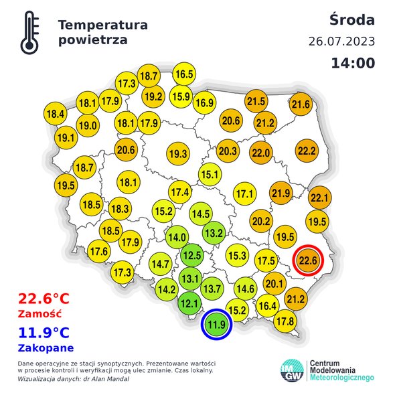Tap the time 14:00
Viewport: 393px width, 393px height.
(x=352, y=64)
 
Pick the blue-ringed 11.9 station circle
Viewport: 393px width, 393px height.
(x=216, y=325)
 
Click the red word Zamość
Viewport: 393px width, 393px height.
(x=40, y=313)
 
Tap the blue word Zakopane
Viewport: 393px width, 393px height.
(x=46, y=347)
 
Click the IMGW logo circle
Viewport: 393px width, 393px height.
(x=293, y=370)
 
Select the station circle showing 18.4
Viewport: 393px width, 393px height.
(x=56, y=114)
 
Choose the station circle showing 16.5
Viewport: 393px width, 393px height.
(x=183, y=74)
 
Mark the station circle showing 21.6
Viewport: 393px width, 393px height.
(x=301, y=104)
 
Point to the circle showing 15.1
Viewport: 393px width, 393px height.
(x=210, y=175)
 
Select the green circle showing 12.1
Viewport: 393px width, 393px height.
(x=190, y=304)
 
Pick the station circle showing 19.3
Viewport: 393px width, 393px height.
(x=177, y=153)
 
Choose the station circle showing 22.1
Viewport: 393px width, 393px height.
(x=319, y=198)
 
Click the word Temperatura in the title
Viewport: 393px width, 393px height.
(x=102, y=25)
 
